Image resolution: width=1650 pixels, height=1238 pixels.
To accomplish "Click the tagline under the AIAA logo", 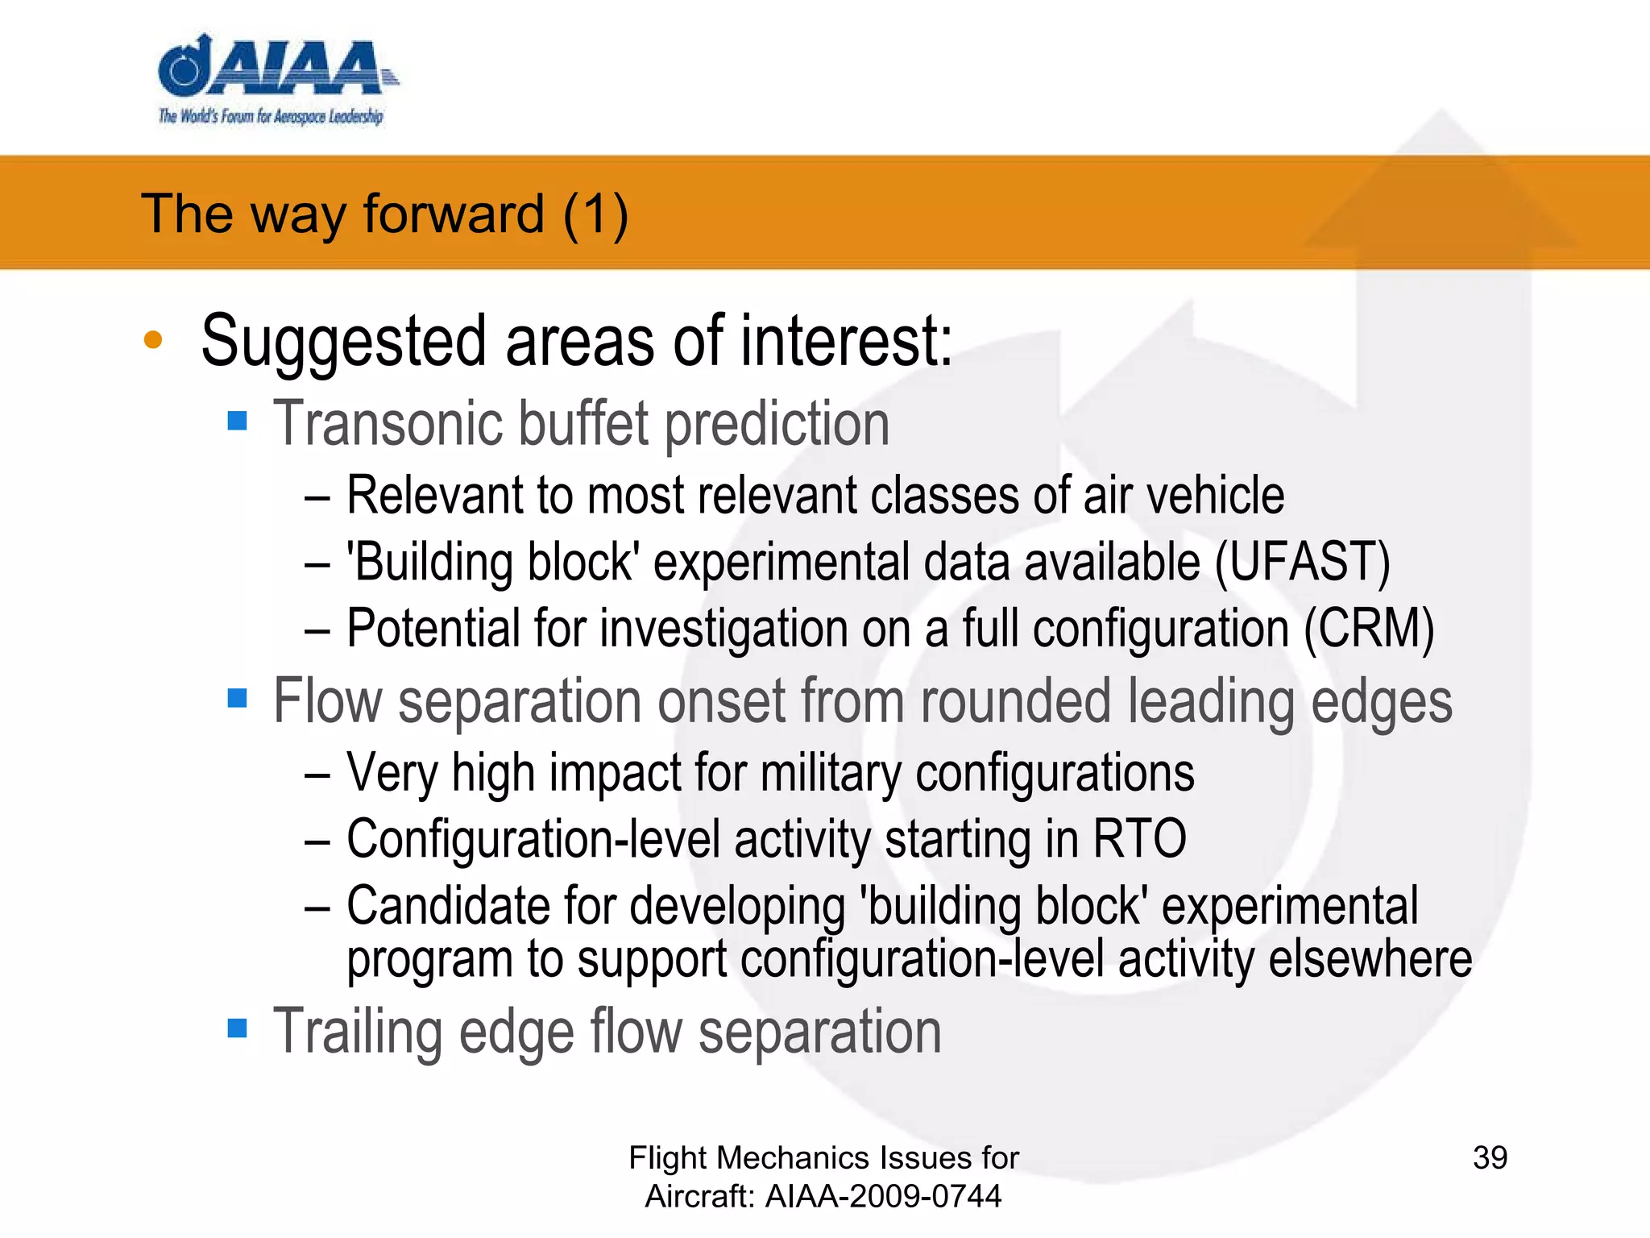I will [x=271, y=116].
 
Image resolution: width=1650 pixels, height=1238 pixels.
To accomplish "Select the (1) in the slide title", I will [x=595, y=214].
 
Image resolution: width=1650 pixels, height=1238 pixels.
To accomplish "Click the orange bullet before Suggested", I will [x=153, y=340].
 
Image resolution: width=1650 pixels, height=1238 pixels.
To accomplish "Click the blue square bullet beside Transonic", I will [x=237, y=420].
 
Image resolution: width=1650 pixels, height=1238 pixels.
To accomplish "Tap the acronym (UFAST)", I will [x=1302, y=562].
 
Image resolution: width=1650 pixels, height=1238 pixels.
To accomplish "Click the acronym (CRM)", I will [x=1369, y=628].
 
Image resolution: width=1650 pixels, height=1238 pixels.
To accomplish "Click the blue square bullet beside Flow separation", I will [x=237, y=697].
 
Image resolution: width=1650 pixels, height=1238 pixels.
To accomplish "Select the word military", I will [x=831, y=773].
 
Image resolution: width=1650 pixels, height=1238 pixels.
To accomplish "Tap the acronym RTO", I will [x=1139, y=839].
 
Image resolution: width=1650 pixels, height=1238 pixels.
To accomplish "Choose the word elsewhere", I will [x=1370, y=958].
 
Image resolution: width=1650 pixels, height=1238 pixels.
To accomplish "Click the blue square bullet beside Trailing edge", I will [x=237, y=1028].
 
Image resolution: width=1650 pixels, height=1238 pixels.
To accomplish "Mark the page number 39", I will [x=1490, y=1157].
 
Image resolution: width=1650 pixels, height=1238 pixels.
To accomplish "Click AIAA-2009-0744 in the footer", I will [x=883, y=1196].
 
